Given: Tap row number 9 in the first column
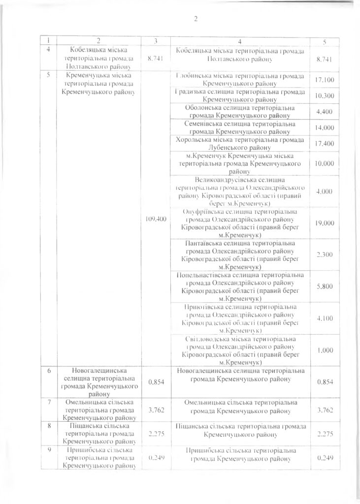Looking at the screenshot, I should point(49,451).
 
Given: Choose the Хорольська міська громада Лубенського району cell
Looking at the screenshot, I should point(240,143).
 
